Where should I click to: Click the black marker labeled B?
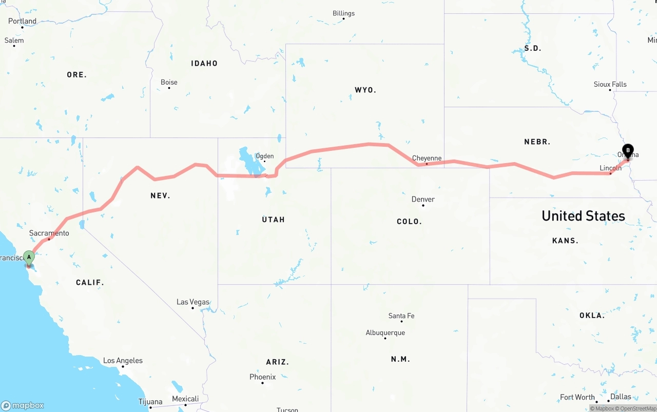click(627, 151)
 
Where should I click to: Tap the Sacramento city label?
click(49, 233)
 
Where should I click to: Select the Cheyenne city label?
click(427, 159)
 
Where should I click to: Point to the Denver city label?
click(423, 199)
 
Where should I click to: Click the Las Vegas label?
click(192, 302)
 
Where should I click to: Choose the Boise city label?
click(169, 82)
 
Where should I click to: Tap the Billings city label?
click(343, 13)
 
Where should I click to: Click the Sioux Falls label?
click(610, 84)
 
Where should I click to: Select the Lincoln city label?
click(610, 168)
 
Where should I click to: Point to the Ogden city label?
click(264, 156)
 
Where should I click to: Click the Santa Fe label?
click(401, 316)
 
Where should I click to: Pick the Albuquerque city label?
click(385, 332)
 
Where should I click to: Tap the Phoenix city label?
click(262, 377)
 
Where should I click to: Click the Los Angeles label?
click(123, 361)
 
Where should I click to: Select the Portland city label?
click(22, 21)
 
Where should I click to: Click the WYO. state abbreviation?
click(365, 90)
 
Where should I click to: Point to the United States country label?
click(583, 215)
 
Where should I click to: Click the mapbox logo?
click(23, 405)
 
